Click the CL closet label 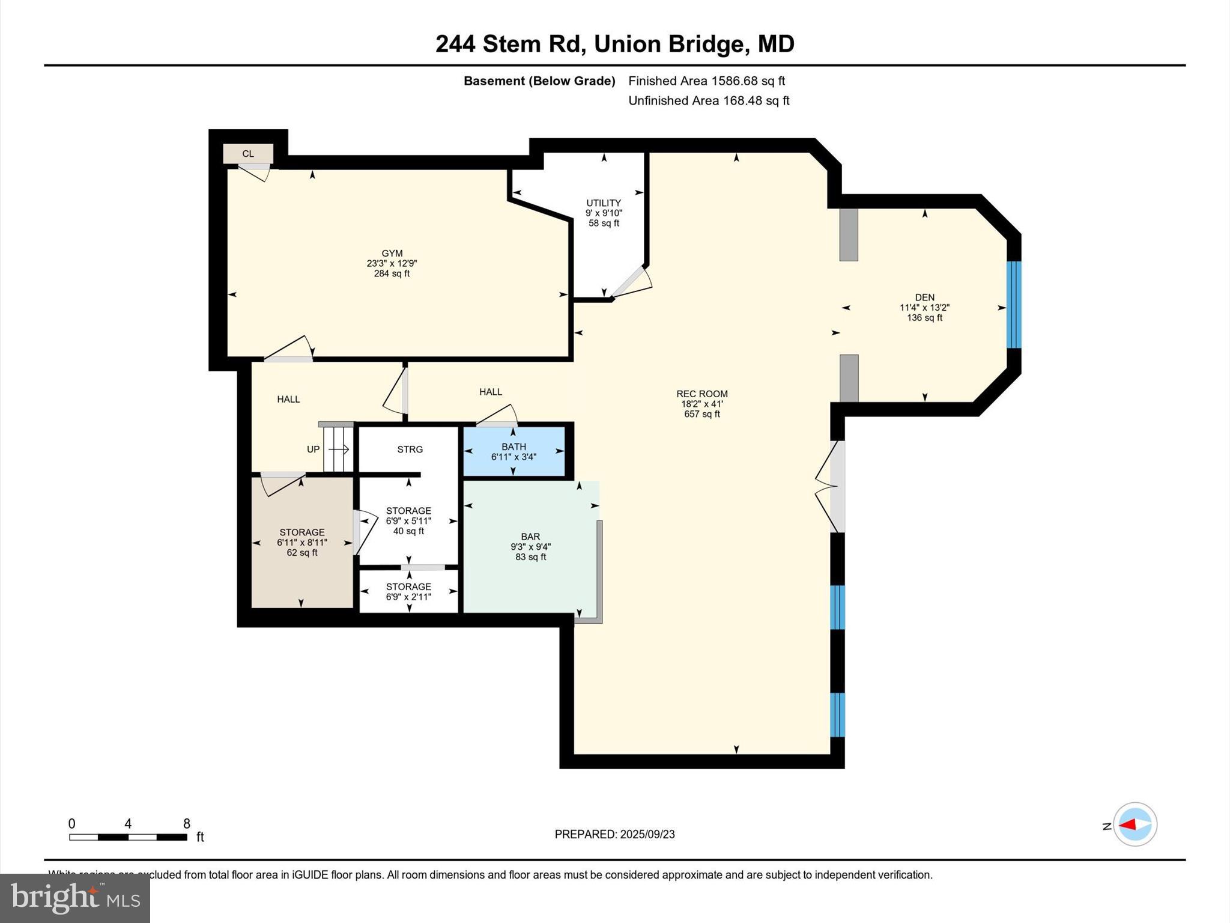click(247, 154)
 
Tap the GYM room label click(392, 254)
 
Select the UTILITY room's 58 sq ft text click(604, 224)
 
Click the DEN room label click(924, 297)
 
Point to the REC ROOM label click(701, 394)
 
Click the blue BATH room click(514, 452)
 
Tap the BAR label click(530, 537)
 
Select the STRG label click(410, 449)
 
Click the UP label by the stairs click(313, 449)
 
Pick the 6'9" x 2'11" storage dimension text click(408, 597)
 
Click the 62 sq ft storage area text click(301, 553)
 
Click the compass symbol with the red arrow click(1134, 824)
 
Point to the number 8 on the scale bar click(186, 824)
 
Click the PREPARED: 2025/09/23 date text click(614, 834)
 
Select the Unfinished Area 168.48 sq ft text click(708, 101)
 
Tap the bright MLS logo click(75, 898)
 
